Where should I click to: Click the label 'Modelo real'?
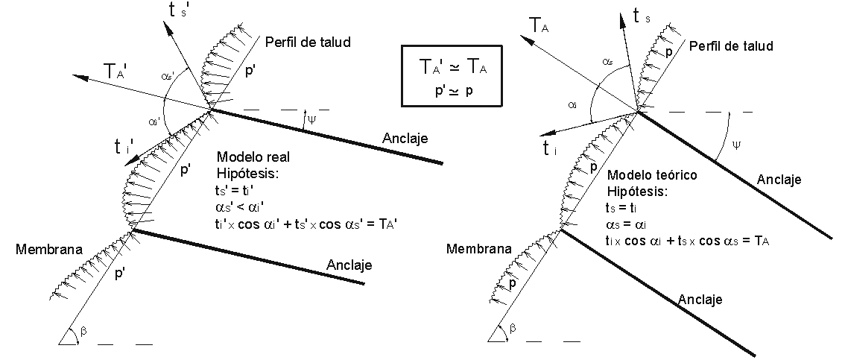pos(253,157)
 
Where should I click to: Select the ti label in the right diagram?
pos(552,146)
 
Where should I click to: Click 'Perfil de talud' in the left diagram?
pos(308,41)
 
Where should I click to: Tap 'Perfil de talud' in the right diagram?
pos(730,46)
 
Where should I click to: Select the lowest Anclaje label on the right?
pos(700,299)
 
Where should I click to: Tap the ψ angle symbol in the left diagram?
pos(311,119)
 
